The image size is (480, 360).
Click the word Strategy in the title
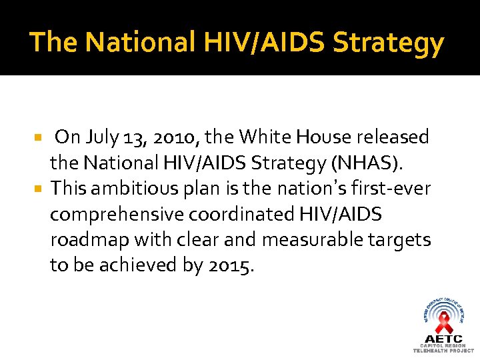[x=388, y=43]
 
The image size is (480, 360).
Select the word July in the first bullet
[x=101, y=137]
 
